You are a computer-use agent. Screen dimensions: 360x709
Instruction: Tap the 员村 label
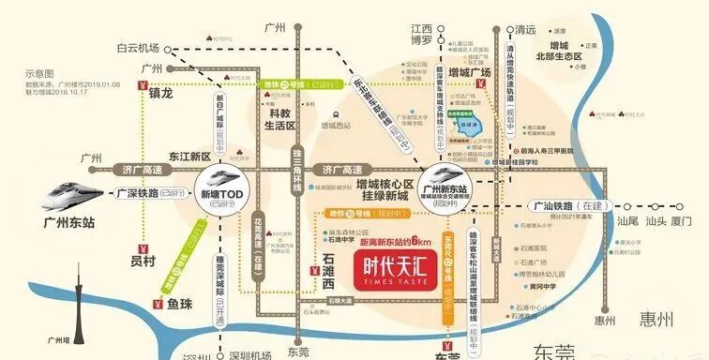click(144, 262)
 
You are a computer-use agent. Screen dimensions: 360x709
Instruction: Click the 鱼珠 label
click(190, 305)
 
